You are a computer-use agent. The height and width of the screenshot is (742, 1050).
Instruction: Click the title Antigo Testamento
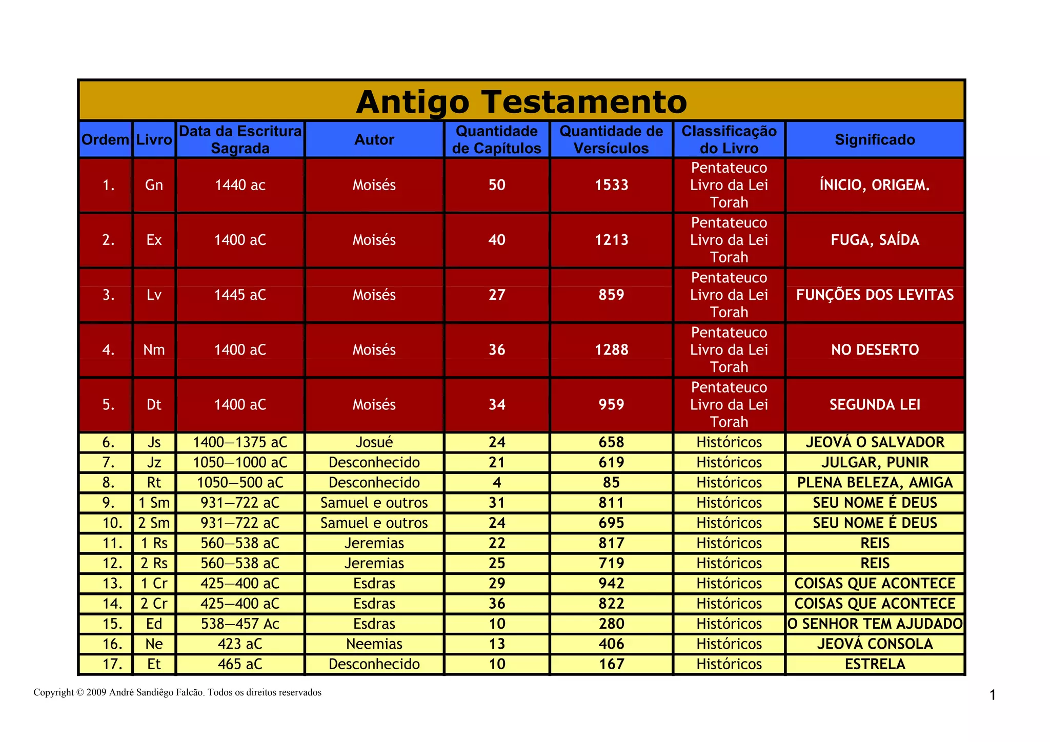[x=521, y=101]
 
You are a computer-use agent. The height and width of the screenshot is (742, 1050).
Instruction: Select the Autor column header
[x=374, y=139]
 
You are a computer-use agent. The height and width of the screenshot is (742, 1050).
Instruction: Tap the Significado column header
[x=875, y=139]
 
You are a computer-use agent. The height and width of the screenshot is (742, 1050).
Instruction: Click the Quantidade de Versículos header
[x=611, y=139]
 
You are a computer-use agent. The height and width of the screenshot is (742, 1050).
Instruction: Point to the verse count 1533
[x=611, y=185]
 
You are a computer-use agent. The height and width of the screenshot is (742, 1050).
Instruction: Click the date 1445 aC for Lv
[x=240, y=295]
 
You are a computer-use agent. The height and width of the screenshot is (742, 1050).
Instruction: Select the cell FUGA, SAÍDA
[x=875, y=240]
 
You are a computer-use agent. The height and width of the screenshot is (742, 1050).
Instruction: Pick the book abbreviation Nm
[x=154, y=349]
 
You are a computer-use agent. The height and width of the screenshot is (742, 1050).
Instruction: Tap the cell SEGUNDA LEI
[x=875, y=404]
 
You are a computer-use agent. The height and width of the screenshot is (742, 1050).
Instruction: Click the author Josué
[x=374, y=442]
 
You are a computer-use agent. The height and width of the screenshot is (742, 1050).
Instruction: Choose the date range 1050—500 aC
[x=240, y=483]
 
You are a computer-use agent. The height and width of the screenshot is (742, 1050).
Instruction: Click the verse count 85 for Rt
[x=611, y=483]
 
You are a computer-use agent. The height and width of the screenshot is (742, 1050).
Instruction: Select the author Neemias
[x=374, y=644]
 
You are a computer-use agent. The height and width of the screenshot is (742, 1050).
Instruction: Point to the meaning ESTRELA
[x=875, y=664]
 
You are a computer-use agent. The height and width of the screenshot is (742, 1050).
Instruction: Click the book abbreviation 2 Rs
[x=154, y=563]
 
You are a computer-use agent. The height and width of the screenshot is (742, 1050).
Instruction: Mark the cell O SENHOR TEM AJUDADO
[x=875, y=624]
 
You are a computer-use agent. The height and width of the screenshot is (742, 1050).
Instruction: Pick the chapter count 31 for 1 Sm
[x=497, y=503]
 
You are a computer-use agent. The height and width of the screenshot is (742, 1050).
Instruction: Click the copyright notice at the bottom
[x=177, y=692]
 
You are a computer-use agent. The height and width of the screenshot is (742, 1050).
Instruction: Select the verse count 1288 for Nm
[x=611, y=349]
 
